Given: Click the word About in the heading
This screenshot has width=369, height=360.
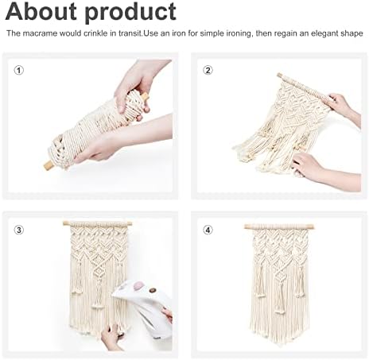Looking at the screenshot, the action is [x=41, y=11].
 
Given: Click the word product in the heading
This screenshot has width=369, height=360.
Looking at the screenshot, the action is [x=130, y=14].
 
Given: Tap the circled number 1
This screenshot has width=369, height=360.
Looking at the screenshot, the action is [x=19, y=71].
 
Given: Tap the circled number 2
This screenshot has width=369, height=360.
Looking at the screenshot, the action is [x=208, y=70].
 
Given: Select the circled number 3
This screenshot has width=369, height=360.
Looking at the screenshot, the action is [x=19, y=230].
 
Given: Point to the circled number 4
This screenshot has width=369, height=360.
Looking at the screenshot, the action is [x=208, y=230].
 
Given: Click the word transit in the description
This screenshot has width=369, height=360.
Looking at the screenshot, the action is [x=130, y=33].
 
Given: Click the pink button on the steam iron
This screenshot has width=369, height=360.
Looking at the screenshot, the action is [x=138, y=285].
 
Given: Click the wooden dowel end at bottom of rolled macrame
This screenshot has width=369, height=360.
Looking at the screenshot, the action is [x=49, y=166].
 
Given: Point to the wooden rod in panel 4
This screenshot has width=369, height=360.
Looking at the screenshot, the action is [x=280, y=227].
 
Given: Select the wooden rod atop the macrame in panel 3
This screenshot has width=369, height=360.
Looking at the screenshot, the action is [x=97, y=224].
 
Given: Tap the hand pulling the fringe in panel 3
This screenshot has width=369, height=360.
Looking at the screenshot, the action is [x=111, y=336].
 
